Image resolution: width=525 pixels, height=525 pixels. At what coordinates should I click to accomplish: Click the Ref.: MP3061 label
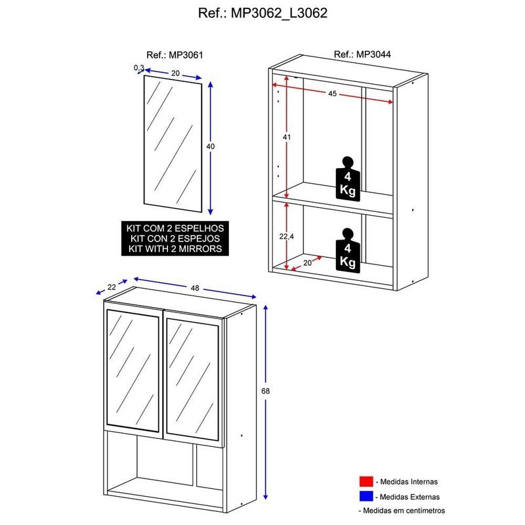click(174, 56)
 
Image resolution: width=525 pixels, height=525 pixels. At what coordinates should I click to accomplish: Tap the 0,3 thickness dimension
click(138, 68)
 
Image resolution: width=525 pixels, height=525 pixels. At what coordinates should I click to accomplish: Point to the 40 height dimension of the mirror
click(211, 146)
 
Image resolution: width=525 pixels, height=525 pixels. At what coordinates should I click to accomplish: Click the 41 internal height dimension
click(287, 137)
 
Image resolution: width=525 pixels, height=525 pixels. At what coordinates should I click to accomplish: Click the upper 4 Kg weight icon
click(347, 178)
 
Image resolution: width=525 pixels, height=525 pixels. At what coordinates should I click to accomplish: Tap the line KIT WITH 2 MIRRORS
click(175, 249)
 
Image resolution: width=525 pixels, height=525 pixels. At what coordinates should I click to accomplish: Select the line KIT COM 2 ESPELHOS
click(175, 229)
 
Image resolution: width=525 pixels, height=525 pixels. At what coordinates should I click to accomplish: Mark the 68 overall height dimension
click(265, 390)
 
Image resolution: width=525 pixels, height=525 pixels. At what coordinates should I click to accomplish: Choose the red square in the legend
click(365, 481)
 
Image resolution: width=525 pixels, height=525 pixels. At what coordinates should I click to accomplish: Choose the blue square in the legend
click(365, 497)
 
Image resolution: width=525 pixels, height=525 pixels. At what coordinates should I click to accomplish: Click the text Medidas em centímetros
click(403, 510)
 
